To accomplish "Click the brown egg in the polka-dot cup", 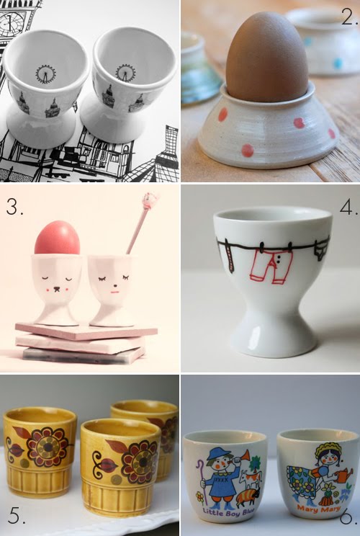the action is coord(265,58).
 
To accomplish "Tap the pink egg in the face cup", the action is coord(57,238).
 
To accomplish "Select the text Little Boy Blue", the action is coord(225,512).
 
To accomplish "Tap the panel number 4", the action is coord(348,207).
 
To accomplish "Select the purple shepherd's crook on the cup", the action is coord(200,478).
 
